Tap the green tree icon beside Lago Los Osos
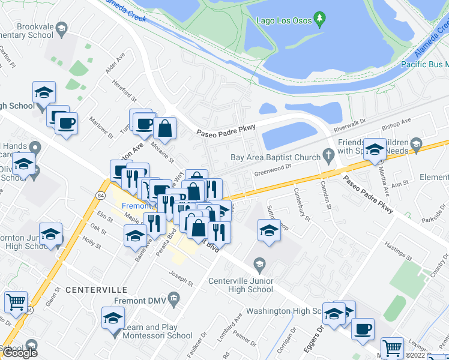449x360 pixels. pyautogui.click(x=321, y=19)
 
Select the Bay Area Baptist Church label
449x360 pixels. pyautogui.click(x=275, y=158)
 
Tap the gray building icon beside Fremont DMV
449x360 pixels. pyautogui.click(x=174, y=298)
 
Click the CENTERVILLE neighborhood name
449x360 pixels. pyautogui.click(x=94, y=289)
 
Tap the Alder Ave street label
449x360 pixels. pyautogui.click(x=115, y=62)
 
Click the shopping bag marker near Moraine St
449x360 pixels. pyautogui.click(x=164, y=128)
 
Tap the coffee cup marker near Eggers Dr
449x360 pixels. pyautogui.click(x=363, y=329)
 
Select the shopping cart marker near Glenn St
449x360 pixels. pyautogui.click(x=16, y=302)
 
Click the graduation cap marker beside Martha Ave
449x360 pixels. pyautogui.click(x=375, y=149)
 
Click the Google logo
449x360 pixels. pyautogui.click(x=19, y=352)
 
